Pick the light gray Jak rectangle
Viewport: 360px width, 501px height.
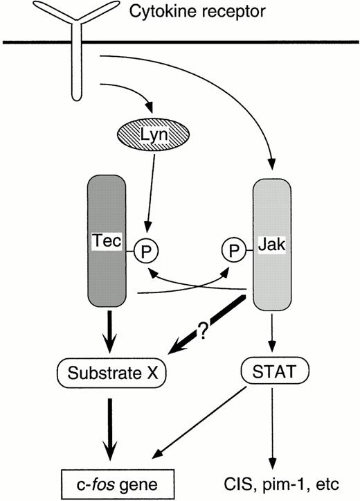[x=273, y=243]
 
